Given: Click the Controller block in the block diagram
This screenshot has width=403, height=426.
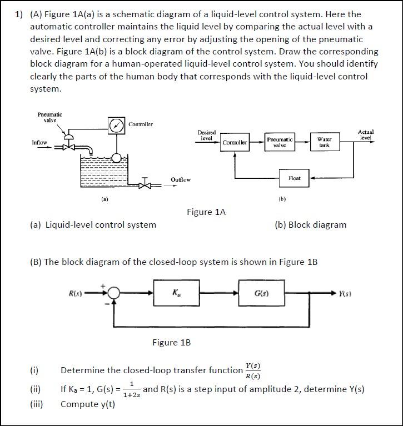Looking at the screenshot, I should (235, 143).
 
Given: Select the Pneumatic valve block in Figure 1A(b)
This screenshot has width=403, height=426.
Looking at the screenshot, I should (280, 142).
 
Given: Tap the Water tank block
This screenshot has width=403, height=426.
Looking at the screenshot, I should (324, 142).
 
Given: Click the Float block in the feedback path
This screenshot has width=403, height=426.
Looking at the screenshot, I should (295, 178).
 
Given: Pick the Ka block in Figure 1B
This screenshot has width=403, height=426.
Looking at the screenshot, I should (176, 292).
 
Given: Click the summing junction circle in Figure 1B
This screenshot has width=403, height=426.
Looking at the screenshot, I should (115, 292).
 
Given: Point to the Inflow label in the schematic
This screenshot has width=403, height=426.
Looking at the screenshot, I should (40, 143).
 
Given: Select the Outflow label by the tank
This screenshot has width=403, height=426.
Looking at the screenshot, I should (181, 180).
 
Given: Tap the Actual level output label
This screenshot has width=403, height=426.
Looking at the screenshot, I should (366, 135).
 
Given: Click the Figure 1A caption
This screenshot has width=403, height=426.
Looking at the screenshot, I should (206, 212).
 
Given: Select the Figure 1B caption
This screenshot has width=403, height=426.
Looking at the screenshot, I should (171, 342).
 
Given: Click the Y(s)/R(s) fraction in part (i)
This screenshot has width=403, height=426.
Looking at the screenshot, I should (252, 370).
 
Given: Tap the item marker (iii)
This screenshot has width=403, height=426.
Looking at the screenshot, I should (37, 404).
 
